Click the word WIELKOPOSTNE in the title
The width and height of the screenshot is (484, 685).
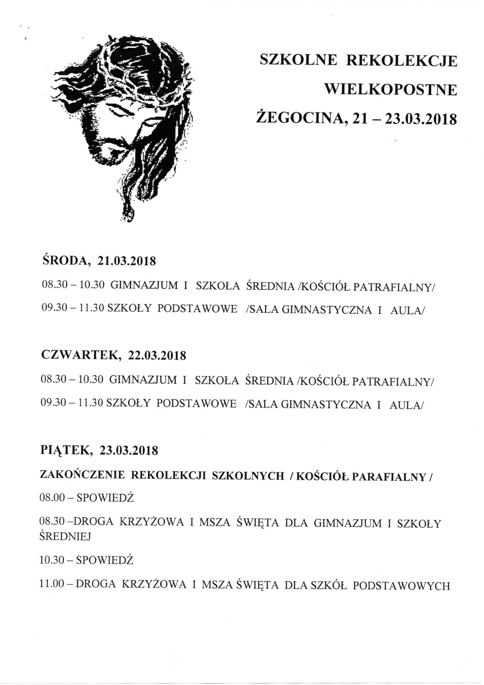[391, 90]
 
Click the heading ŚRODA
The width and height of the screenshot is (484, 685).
[64, 260]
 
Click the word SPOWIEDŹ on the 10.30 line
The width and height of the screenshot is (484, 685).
[105, 560]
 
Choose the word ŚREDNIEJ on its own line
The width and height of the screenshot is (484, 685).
[65, 537]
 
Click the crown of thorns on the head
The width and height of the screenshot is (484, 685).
[129, 78]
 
